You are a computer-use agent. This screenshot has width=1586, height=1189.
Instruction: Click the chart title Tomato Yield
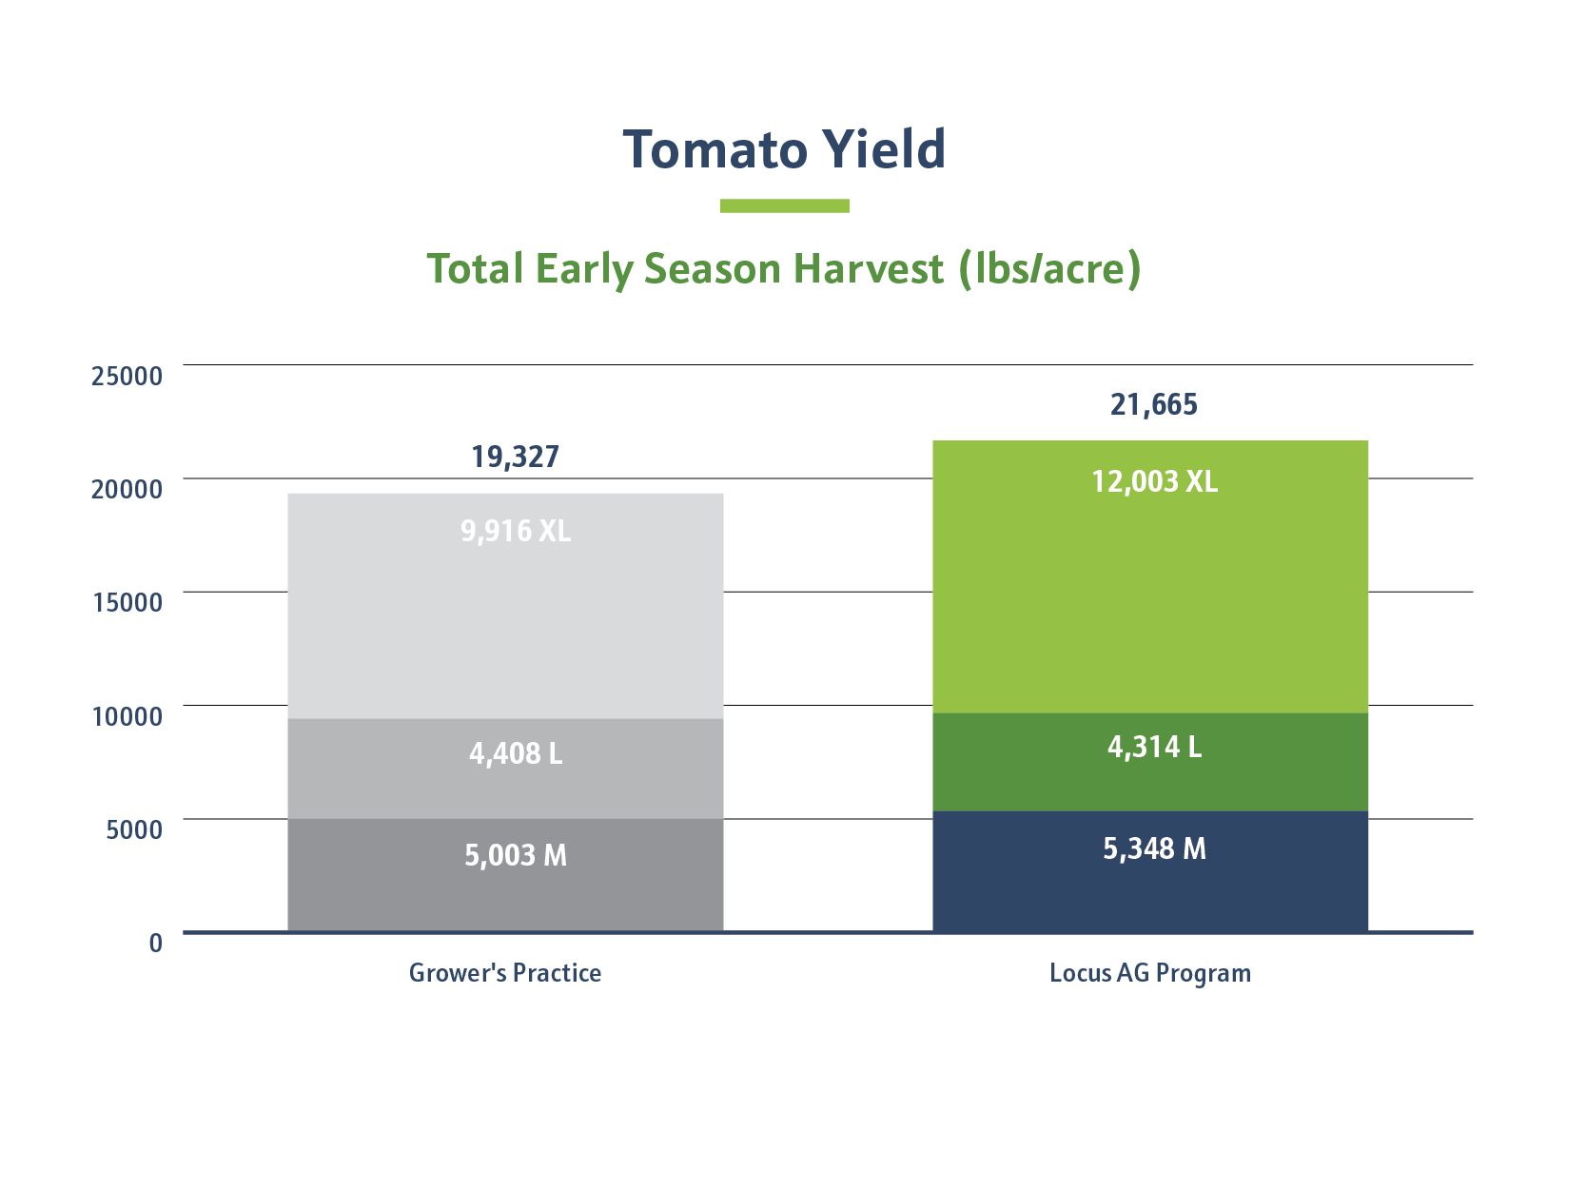pyautogui.click(x=784, y=150)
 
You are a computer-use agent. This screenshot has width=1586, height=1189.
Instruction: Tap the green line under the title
pyautogui.click(x=784, y=205)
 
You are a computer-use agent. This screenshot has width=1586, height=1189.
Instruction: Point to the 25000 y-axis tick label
pyautogui.click(x=127, y=376)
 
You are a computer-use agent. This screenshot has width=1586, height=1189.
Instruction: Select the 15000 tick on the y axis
pyautogui.click(x=127, y=602)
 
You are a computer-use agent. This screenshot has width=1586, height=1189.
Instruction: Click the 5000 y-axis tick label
pyautogui.click(x=134, y=829)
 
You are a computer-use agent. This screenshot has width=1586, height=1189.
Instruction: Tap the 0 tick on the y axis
pyautogui.click(x=156, y=943)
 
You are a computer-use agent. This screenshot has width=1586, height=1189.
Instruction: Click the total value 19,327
pyautogui.click(x=515, y=458)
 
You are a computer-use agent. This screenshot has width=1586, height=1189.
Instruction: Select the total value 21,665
pyautogui.click(x=1153, y=405)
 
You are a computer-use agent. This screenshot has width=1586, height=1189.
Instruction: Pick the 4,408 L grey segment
pyautogui.click(x=505, y=769)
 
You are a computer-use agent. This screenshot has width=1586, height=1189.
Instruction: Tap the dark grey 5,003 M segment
pyautogui.click(x=505, y=875)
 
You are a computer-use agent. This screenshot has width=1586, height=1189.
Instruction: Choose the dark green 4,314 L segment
pyautogui.click(x=1149, y=763)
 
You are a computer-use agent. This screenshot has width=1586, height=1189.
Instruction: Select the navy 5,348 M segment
pyautogui.click(x=1149, y=871)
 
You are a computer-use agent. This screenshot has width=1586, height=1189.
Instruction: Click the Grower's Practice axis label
pyautogui.click(x=504, y=973)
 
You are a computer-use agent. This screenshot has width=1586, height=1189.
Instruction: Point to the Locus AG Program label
pyautogui.click(x=1149, y=973)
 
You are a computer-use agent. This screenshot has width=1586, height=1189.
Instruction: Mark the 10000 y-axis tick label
pyautogui.click(x=127, y=716)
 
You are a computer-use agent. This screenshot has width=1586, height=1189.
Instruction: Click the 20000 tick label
pyautogui.click(x=127, y=489)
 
